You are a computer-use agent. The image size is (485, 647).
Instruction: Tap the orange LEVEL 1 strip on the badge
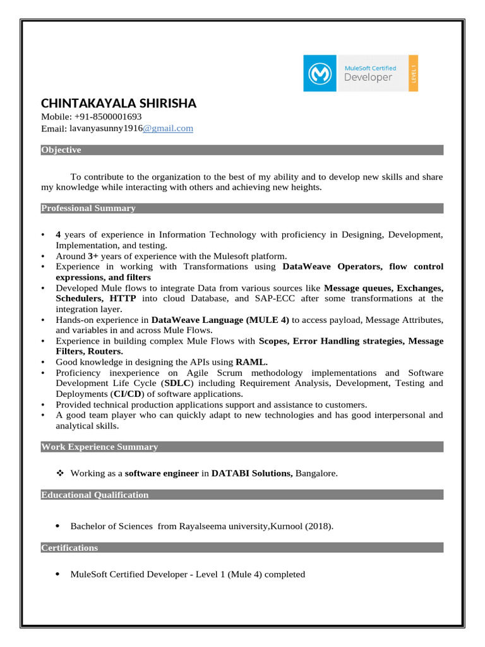413,73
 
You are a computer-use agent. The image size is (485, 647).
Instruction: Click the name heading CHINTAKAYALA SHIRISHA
119,103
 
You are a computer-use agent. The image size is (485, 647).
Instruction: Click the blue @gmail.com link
168,128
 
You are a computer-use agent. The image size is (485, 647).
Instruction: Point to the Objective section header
61,150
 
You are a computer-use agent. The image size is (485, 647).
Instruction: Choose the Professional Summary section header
88,209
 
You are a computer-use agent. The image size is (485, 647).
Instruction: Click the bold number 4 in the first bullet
58,235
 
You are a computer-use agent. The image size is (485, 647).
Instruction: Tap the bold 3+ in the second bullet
93,256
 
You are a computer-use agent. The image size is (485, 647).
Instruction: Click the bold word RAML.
251,362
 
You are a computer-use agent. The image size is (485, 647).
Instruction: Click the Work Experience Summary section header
100,447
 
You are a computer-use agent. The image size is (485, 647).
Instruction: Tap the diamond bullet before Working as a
61,473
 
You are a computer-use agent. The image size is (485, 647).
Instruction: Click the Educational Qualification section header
95,495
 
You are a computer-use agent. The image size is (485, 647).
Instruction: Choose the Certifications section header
69,548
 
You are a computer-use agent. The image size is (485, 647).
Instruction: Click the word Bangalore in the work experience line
316,473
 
